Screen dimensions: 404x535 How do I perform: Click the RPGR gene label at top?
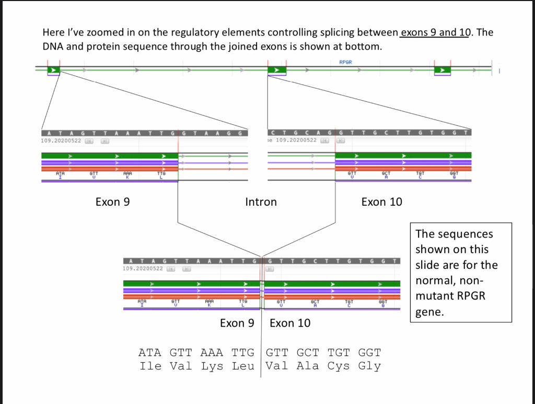346,62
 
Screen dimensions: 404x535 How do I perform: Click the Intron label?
261,202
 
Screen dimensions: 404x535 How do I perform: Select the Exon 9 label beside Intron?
112,202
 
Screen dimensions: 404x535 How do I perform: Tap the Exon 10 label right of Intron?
381,202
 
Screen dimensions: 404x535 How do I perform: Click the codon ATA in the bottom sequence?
150,353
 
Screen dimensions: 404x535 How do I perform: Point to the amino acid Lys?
212,366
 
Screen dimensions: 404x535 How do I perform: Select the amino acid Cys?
339,366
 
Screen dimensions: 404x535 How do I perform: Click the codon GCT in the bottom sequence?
308,353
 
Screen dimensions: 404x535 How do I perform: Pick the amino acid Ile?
150,366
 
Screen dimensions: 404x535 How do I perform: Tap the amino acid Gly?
369,366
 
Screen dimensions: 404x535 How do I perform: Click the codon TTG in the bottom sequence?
243,353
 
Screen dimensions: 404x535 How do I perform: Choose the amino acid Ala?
308,366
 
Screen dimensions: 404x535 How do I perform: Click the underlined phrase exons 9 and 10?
435,32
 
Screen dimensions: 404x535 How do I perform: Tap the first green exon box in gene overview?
53,70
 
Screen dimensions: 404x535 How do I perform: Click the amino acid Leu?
243,366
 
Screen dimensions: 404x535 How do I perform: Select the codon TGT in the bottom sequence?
339,353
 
